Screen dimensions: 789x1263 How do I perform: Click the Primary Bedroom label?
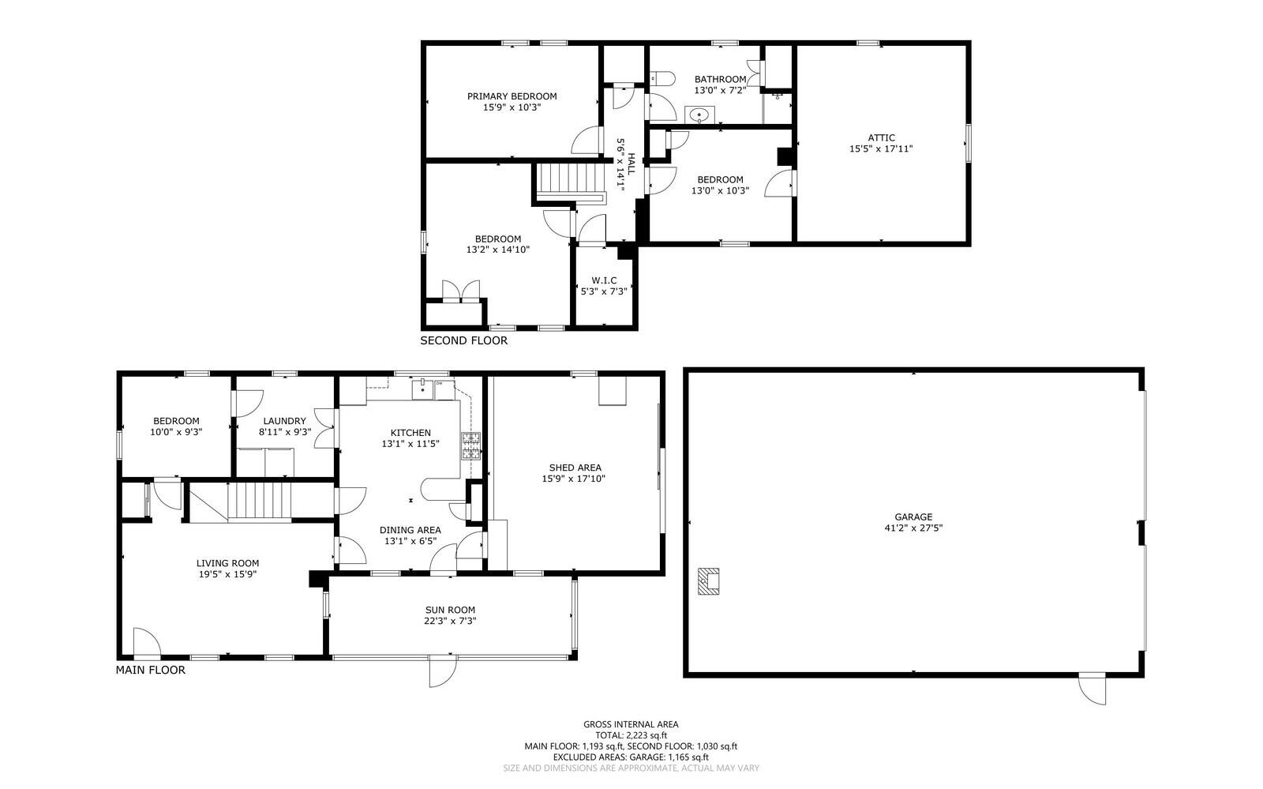512,96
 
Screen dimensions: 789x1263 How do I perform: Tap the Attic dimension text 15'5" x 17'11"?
881,148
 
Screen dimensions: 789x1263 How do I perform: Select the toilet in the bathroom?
661,78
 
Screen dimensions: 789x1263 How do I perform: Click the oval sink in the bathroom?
698,116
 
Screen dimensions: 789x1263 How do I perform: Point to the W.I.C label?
604,280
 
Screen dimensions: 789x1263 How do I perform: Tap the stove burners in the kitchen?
471,446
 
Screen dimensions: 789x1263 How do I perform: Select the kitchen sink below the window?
424,388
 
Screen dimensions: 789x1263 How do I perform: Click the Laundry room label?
284,421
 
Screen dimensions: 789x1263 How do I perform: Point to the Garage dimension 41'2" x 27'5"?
913,528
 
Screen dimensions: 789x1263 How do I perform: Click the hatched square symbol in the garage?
708,582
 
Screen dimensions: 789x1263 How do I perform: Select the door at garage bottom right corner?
1093,688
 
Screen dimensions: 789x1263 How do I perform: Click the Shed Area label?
575,468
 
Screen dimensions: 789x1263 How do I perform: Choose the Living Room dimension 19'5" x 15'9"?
227,574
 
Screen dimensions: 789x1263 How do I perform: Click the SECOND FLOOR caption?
463,340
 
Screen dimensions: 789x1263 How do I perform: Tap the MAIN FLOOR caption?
151,670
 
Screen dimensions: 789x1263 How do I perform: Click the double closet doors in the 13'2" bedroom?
461,291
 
